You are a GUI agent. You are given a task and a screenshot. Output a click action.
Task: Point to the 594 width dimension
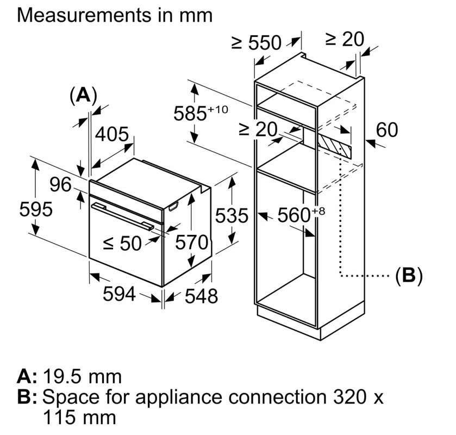[x=120, y=294]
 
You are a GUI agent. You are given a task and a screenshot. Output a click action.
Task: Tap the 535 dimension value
[x=231, y=215]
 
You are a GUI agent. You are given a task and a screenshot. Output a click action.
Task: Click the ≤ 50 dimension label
[x=122, y=244]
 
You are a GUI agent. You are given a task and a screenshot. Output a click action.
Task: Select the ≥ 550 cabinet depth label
[x=257, y=43]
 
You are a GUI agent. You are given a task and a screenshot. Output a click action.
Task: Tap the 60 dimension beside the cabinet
[x=386, y=130]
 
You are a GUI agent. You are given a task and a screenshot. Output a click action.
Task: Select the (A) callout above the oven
[x=83, y=96]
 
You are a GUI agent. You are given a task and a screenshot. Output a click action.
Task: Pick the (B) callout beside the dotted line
[x=408, y=276]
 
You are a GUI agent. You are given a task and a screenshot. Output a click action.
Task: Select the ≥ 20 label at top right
[x=345, y=39]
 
